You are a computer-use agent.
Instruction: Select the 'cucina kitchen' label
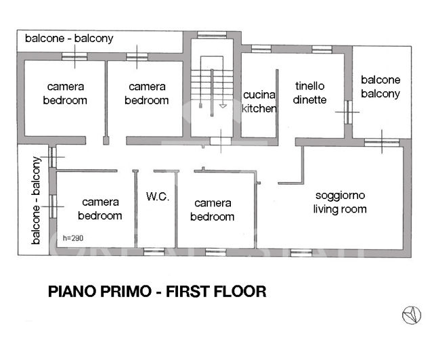point(259,102)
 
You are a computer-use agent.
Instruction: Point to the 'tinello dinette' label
point(310,93)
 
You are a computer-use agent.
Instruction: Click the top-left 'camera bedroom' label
point(65,93)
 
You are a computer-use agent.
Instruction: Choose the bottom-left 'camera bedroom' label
point(100,208)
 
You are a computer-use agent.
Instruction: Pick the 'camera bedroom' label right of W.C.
point(212,210)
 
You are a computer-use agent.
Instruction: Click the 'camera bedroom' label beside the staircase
point(147,93)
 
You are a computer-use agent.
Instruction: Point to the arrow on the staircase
point(223,106)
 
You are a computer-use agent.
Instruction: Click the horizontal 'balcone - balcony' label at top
point(69,39)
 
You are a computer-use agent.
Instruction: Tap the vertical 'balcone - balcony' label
point(35,201)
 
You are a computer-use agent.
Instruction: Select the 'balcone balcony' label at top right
point(380,87)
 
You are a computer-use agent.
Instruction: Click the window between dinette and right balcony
point(347,112)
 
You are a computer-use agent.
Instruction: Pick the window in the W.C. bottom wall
point(154,252)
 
